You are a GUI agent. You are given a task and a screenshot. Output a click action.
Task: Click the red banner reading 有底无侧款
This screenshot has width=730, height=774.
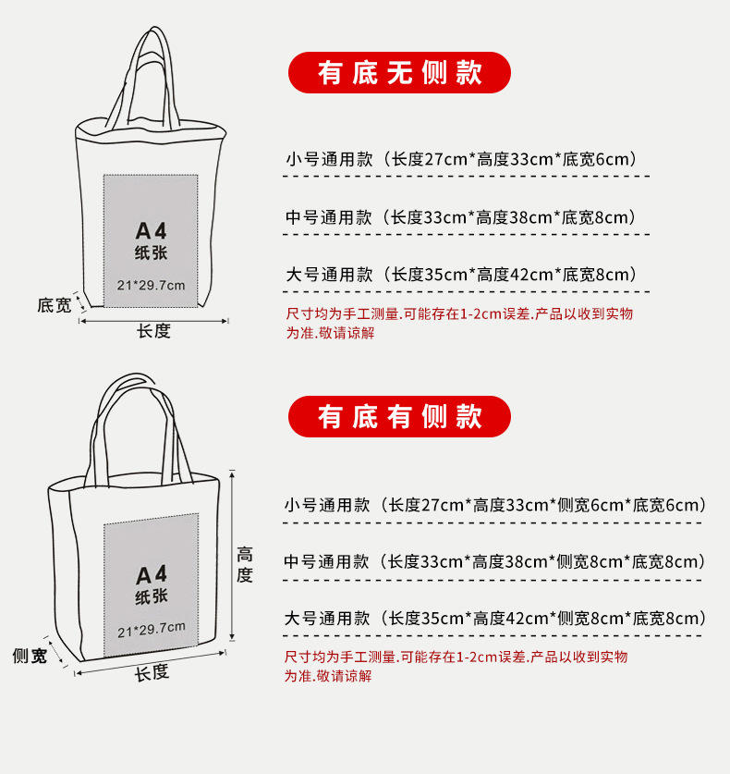pyautogui.click(x=399, y=73)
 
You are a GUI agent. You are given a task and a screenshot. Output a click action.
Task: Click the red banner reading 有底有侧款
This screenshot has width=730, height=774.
pyautogui.click(x=399, y=417)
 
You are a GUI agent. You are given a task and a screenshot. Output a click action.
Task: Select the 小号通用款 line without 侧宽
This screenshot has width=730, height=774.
pyautogui.click(x=461, y=159)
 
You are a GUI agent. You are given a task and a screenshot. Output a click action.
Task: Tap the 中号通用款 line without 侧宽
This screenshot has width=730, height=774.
pyautogui.click(x=461, y=218)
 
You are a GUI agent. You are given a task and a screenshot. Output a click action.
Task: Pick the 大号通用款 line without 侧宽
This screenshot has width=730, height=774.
pyautogui.click(x=461, y=275)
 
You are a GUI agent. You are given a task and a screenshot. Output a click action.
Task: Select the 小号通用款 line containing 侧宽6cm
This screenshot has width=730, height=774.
pyautogui.click(x=495, y=505)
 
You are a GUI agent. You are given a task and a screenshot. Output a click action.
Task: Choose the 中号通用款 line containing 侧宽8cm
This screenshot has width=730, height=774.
pyautogui.click(x=495, y=561)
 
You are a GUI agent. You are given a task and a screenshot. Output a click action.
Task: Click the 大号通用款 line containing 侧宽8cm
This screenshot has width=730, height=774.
pyautogui.click(x=495, y=619)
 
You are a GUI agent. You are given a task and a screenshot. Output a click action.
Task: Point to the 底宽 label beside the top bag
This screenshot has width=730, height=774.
pyautogui.click(x=54, y=305)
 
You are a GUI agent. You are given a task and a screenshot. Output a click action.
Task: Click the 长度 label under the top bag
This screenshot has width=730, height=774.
pyautogui.click(x=153, y=332)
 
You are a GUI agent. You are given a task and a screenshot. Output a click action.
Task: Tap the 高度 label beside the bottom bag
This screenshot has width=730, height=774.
pyautogui.click(x=245, y=564)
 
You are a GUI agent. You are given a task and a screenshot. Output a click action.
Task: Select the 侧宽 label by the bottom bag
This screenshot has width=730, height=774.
pyautogui.click(x=30, y=657)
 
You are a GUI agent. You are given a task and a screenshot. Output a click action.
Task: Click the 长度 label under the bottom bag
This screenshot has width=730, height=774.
pyautogui.click(x=152, y=673)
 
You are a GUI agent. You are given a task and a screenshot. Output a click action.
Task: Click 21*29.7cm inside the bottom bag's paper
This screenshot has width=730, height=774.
pyautogui.click(x=152, y=630)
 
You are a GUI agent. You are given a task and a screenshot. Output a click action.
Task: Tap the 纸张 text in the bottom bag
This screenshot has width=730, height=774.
pyautogui.click(x=151, y=597)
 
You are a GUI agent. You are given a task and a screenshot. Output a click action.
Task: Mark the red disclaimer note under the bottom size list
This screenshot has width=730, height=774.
pyautogui.click(x=456, y=666)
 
